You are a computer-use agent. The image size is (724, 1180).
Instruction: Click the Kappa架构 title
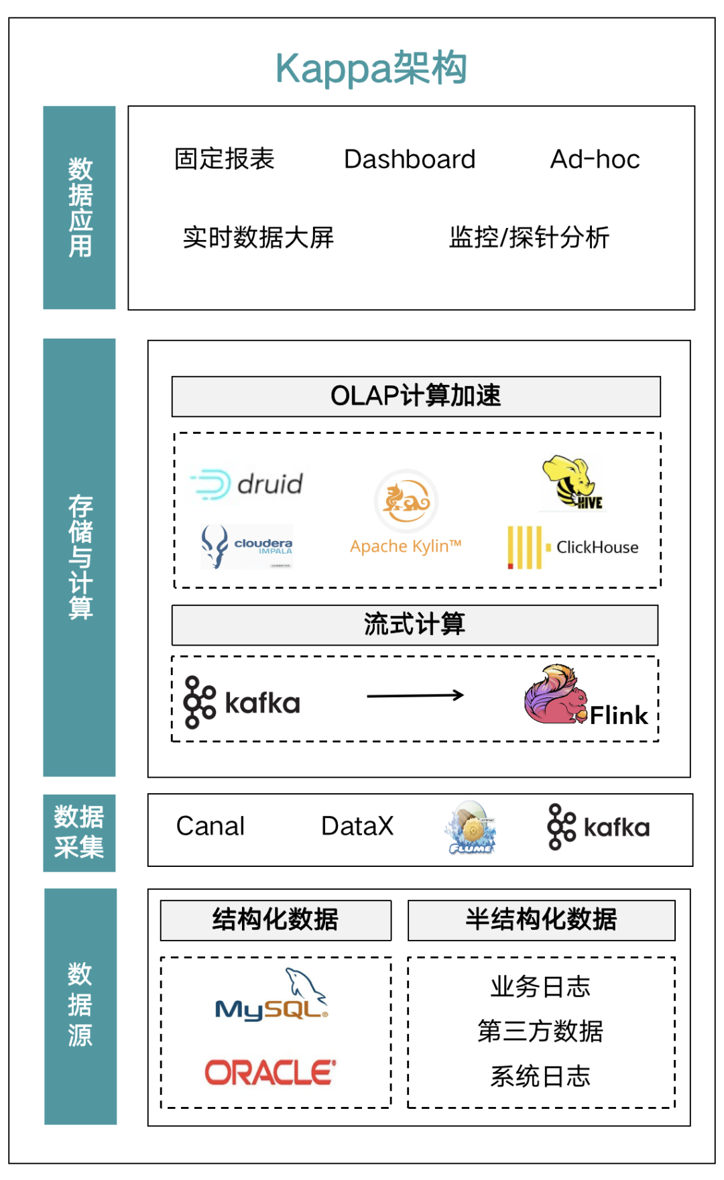[x=371, y=68]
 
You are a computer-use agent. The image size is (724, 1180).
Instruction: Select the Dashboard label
[x=410, y=160]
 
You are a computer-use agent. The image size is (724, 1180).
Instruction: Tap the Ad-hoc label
[x=595, y=160]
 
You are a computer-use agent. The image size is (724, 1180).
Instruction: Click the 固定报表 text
[x=225, y=159]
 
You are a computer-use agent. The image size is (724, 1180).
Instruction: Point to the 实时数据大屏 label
[x=258, y=237]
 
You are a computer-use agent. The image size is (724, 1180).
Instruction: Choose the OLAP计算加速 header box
[x=416, y=396]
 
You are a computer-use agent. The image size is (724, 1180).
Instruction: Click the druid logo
[x=247, y=484]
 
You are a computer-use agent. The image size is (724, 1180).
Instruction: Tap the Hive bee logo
[x=572, y=483]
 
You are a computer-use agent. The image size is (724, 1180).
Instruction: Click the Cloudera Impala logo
[x=247, y=546]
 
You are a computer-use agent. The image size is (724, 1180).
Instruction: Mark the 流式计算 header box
[x=414, y=625]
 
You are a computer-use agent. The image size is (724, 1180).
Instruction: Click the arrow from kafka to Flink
[x=416, y=695]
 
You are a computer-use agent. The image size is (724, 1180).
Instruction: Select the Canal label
[x=210, y=827]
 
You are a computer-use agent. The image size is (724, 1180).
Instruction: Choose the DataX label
[x=357, y=827]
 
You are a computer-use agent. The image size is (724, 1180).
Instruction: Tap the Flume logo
[x=471, y=829]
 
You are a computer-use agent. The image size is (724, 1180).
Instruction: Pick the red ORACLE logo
[x=270, y=1073]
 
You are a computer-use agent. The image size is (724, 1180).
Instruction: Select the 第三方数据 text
[x=540, y=1031]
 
